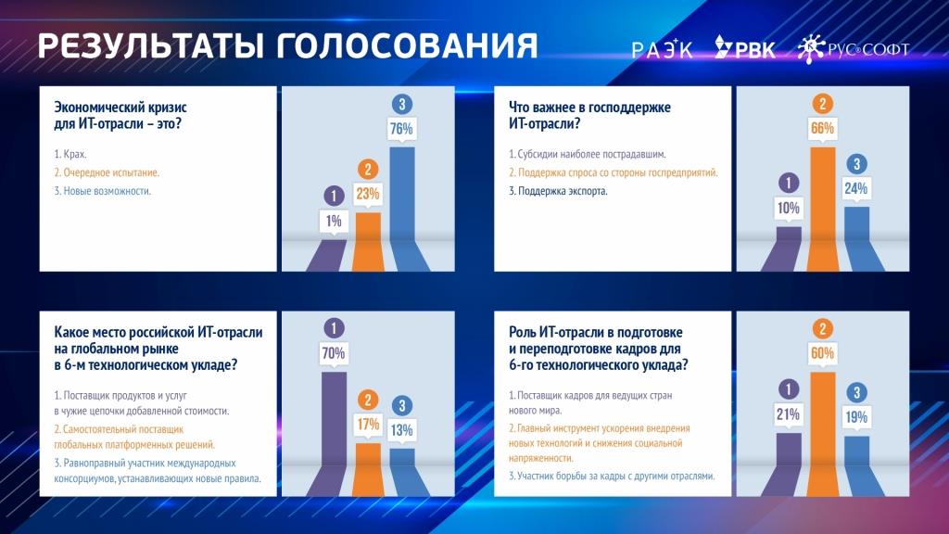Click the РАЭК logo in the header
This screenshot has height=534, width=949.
point(662,48)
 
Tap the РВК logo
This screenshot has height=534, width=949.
point(745,46)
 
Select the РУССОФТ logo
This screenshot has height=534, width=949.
point(854,48)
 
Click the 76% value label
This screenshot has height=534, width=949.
point(401,129)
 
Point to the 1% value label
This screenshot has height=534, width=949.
point(334,222)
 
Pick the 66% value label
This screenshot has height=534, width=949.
point(822,128)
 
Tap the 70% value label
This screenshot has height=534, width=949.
point(334,353)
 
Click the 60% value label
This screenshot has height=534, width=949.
point(822,353)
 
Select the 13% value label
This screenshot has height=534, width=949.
point(402,430)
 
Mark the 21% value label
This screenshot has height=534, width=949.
point(788,414)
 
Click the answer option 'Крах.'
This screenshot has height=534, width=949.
point(70,155)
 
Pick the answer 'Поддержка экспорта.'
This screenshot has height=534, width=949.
point(558,191)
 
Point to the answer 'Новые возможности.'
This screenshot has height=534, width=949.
point(102,191)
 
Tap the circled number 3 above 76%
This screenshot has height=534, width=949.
point(402,104)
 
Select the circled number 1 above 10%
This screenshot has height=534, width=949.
point(788,183)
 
